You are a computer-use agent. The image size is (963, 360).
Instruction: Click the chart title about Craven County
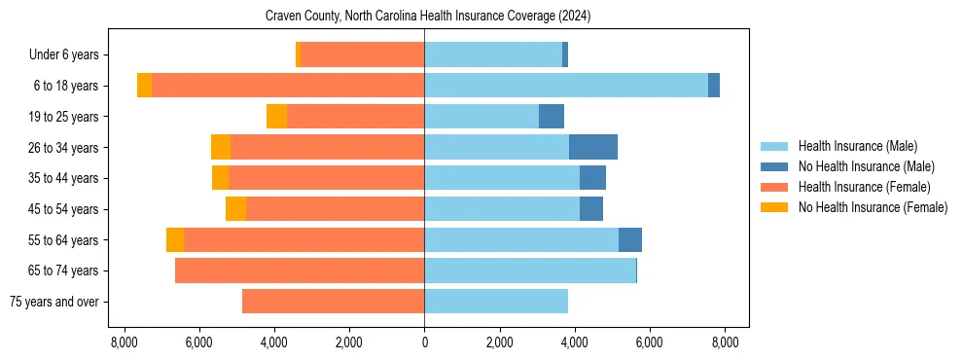click(x=428, y=17)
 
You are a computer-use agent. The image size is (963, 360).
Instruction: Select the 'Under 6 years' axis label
click(x=63, y=55)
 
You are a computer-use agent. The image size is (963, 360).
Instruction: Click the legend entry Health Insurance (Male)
click(x=857, y=146)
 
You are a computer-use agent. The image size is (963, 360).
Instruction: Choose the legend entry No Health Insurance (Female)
click(x=873, y=207)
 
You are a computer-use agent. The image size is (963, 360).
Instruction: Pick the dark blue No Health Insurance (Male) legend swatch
click(x=774, y=166)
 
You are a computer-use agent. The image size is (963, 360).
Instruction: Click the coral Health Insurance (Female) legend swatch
click(x=774, y=187)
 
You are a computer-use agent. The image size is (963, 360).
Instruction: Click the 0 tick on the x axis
click(x=424, y=342)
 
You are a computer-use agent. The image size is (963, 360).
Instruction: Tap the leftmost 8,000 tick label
click(x=124, y=342)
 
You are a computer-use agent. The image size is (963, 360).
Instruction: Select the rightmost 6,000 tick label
click(x=649, y=342)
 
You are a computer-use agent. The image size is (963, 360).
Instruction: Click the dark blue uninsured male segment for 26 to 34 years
click(x=593, y=147)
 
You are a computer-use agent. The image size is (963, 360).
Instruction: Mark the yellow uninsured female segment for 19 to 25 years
click(x=276, y=117)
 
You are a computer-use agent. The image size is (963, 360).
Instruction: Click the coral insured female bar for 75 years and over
click(x=333, y=302)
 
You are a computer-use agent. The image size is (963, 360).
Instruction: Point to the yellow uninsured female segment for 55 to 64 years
click(x=175, y=240)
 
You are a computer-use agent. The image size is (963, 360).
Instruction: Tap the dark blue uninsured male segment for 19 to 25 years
click(x=552, y=117)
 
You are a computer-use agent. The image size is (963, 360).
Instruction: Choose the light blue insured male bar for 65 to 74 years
click(x=530, y=270)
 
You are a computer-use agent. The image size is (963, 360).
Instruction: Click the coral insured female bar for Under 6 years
click(x=362, y=55)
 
